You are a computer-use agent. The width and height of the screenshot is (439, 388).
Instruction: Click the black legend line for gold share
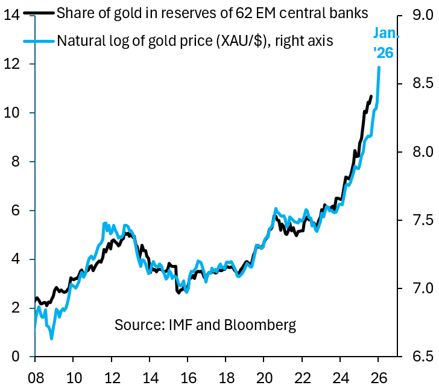pos(38,13)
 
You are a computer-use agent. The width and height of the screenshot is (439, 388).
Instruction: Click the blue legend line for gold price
pos(38,41)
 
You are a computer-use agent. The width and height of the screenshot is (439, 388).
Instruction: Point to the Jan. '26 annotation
pos(384,42)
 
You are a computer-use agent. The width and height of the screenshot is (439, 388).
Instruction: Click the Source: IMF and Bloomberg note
pos(205,325)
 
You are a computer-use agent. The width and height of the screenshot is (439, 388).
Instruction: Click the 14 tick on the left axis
pos(13,14)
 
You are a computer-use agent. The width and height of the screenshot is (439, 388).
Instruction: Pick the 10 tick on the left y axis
pos(13,113)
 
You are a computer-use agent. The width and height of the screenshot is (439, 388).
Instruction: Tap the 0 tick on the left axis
pos(16,356)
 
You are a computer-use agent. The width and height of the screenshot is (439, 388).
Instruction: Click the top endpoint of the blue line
pos(379,67)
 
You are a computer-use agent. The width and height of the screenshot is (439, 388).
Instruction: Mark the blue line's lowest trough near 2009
pos(52,339)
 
